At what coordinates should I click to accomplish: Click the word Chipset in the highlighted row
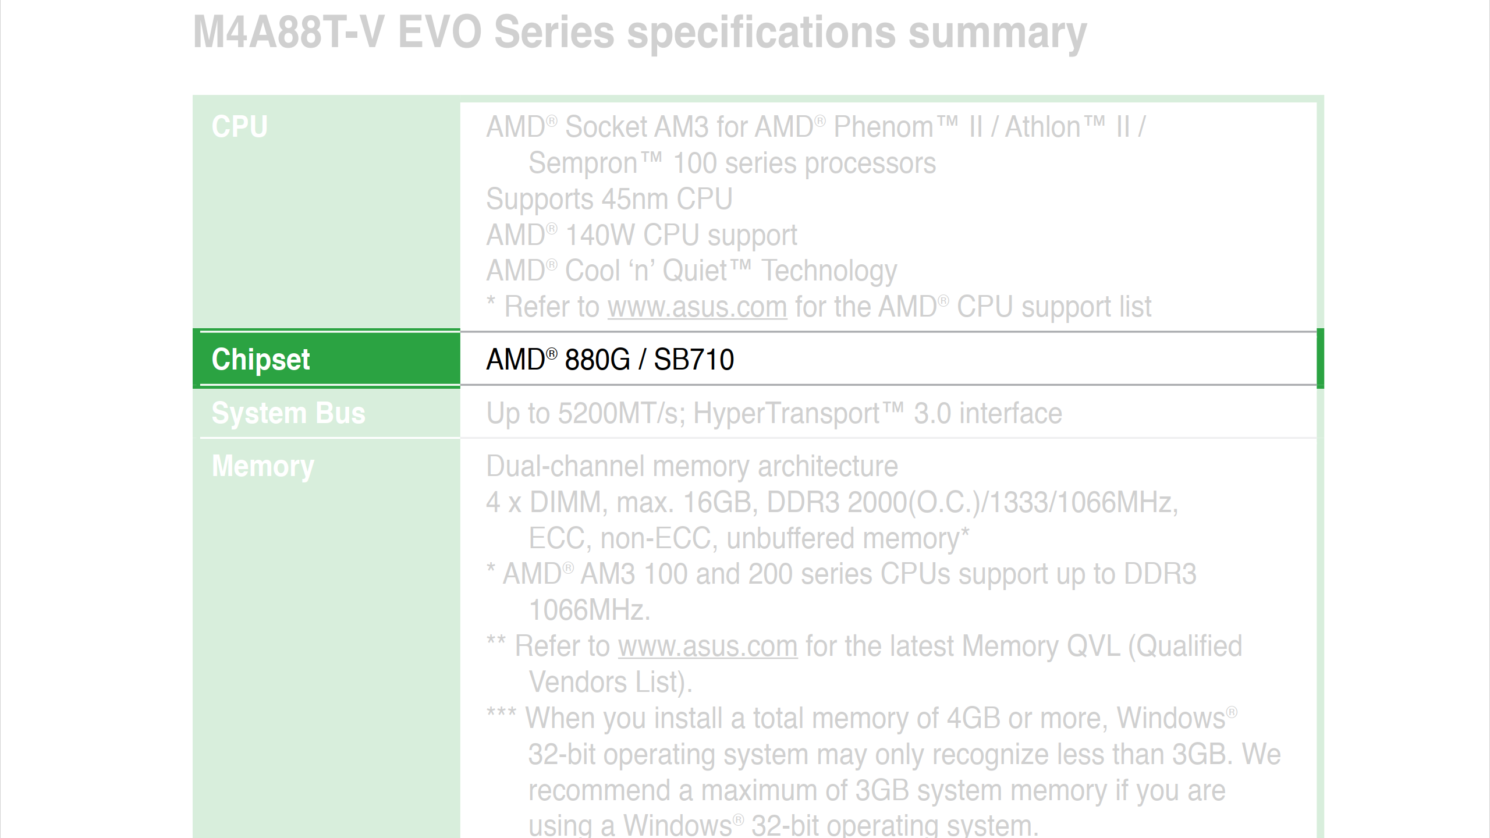[261, 360]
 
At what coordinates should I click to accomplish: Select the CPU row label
[240, 127]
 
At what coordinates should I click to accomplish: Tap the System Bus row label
[289, 413]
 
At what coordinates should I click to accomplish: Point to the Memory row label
[263, 467]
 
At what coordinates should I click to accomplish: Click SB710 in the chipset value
[694, 360]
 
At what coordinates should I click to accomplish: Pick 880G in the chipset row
[597, 360]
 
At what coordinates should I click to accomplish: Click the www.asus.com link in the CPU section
[698, 307]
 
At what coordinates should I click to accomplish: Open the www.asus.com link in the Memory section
[708, 647]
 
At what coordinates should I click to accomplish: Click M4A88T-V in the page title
[289, 32]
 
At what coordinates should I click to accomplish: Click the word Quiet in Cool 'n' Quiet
[695, 272]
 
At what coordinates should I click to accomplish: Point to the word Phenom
[884, 127]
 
